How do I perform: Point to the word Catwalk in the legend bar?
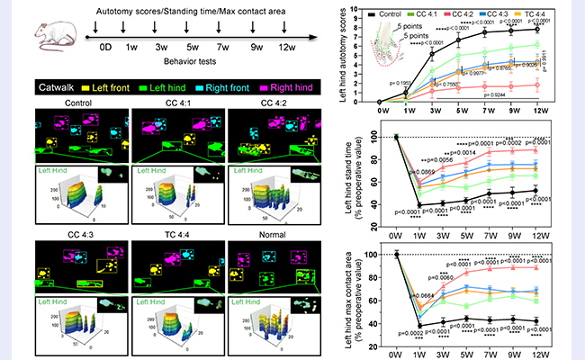[x=59, y=89]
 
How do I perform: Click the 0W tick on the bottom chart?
[x=397, y=355]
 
